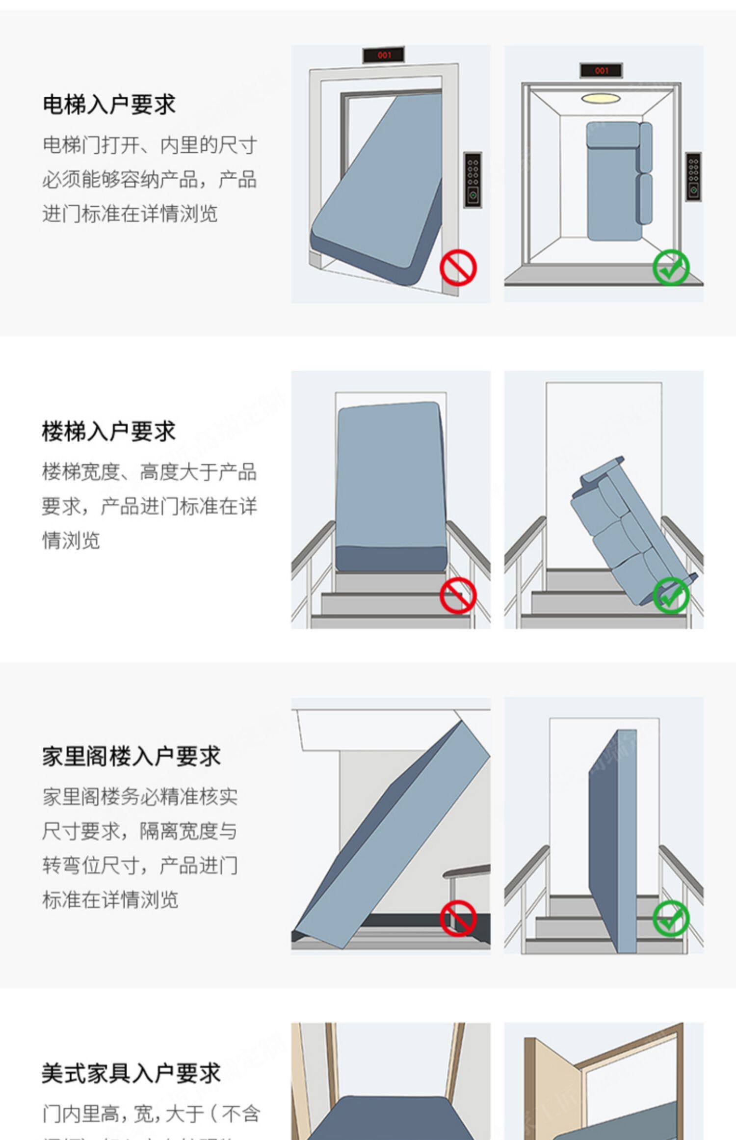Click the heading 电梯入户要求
pyautogui.click(x=109, y=105)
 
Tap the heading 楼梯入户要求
pyautogui.click(x=109, y=432)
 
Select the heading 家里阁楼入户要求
pyautogui.click(x=131, y=757)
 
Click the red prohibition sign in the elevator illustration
pyautogui.click(x=458, y=268)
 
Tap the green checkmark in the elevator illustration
pyautogui.click(x=671, y=268)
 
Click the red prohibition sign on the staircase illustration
pyautogui.click(x=458, y=595)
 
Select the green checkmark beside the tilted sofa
pyautogui.click(x=671, y=595)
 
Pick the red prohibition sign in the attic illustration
pyautogui.click(x=458, y=918)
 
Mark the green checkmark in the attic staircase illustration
pyautogui.click(x=671, y=918)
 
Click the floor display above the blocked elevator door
pyautogui.click(x=384, y=55)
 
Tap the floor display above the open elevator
pyautogui.click(x=601, y=71)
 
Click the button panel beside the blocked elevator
pyautogui.click(x=473, y=180)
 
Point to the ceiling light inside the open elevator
pyautogui.click(x=601, y=99)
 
